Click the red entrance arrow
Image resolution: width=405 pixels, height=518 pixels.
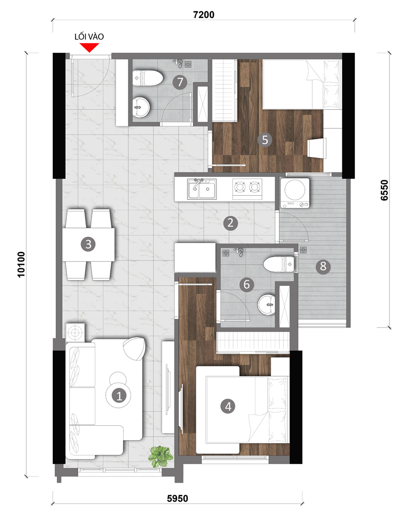click(89, 48)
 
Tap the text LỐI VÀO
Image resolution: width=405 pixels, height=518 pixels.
click(89, 36)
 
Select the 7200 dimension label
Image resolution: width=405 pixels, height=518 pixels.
click(204, 15)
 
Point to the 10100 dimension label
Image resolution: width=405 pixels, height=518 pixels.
click(21, 264)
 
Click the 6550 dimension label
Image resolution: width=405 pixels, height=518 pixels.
click(384, 190)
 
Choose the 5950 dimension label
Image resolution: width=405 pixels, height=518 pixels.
click(178, 498)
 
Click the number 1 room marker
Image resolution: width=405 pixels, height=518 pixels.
click(119, 395)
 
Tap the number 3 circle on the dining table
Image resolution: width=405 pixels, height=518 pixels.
click(88, 244)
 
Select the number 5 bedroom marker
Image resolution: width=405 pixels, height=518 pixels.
click(265, 140)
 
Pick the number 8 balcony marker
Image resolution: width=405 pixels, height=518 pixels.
click(323, 266)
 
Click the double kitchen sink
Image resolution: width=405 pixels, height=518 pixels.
click(202, 189)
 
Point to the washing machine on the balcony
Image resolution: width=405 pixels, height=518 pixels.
click(295, 193)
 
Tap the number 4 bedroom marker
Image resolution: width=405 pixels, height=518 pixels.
click(228, 406)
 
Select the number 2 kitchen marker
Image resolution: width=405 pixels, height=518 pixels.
click(230, 223)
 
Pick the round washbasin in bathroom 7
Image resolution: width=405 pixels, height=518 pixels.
click(141, 107)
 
